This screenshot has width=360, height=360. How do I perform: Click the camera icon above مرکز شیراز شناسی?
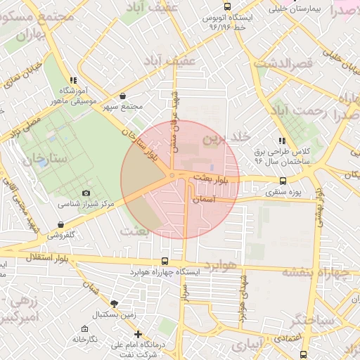[86, 193]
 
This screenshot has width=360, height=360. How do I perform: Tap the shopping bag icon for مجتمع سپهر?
[123, 96]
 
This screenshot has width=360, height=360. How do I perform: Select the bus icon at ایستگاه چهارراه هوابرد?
[165, 260]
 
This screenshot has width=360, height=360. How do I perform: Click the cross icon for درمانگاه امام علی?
[138, 334]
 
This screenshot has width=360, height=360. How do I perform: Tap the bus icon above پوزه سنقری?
[283, 181]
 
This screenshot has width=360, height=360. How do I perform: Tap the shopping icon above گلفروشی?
[63, 225]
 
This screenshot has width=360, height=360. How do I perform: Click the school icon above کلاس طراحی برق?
[282, 140]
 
